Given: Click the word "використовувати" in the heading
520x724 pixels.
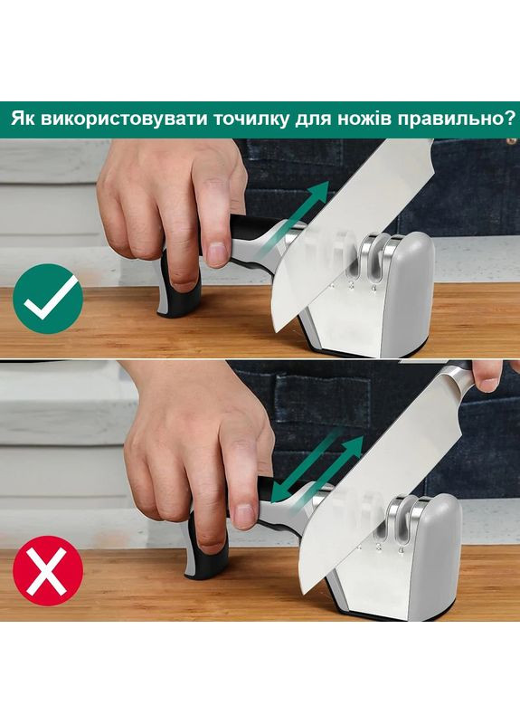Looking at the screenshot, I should (107, 119).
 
